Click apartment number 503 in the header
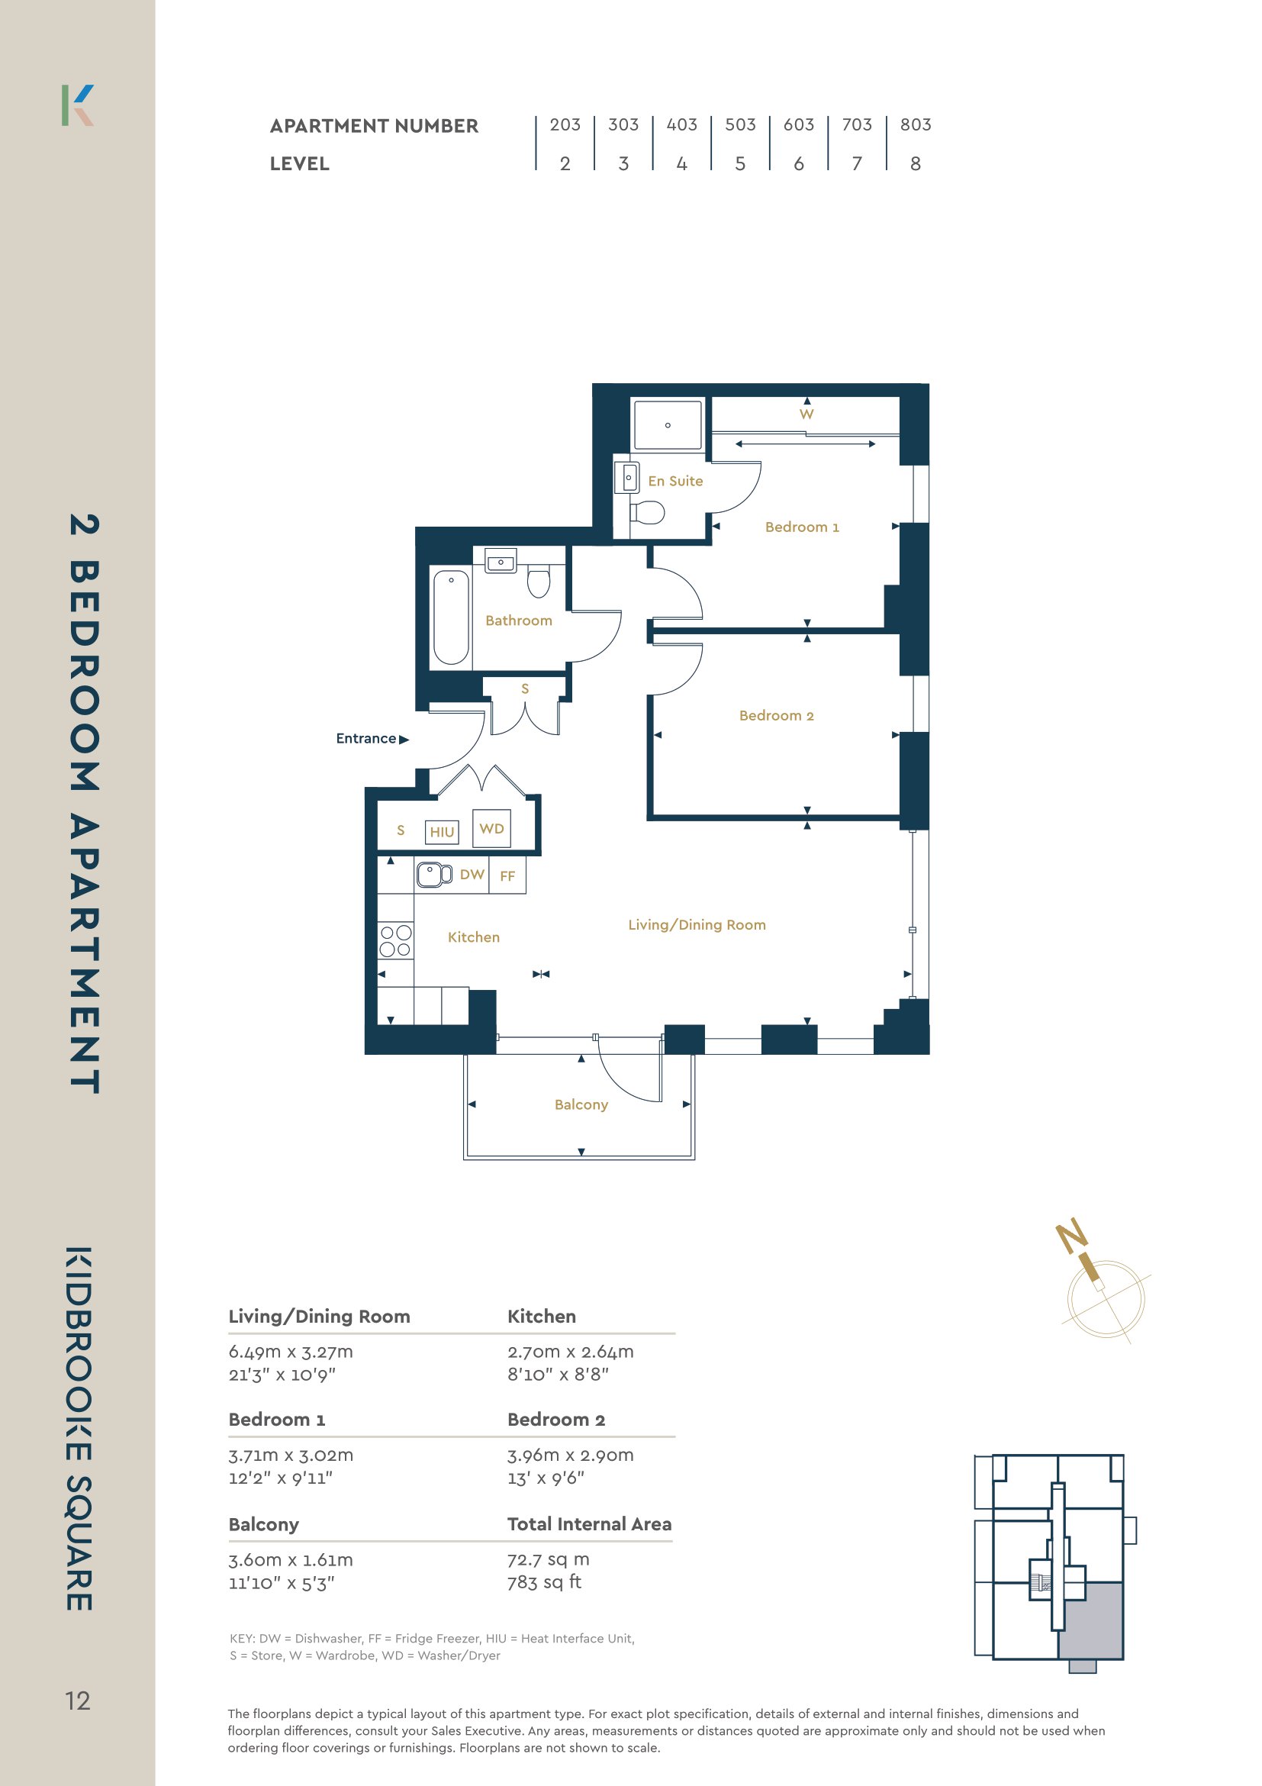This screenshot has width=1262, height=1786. click(739, 124)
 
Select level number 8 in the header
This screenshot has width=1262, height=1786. click(915, 163)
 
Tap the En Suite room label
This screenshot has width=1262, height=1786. click(675, 481)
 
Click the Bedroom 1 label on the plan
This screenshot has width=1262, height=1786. click(802, 527)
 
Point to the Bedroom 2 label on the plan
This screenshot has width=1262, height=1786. click(776, 715)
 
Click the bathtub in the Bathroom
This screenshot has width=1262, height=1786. click(451, 617)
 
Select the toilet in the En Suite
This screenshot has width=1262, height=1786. click(647, 512)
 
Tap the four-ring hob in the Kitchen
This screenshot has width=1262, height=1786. click(395, 940)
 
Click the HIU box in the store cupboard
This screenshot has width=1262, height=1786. click(442, 831)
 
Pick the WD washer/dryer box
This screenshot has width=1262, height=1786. click(491, 828)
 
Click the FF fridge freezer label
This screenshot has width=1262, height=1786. click(507, 876)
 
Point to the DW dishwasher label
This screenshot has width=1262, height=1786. click(472, 875)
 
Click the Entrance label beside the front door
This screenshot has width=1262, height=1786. click(366, 738)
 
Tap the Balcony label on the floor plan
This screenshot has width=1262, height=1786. click(581, 1104)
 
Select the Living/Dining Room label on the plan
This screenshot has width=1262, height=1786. click(697, 924)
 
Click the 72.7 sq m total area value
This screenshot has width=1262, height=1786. click(548, 1559)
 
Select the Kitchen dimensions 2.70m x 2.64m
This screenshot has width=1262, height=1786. click(570, 1351)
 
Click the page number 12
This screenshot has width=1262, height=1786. click(78, 1701)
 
